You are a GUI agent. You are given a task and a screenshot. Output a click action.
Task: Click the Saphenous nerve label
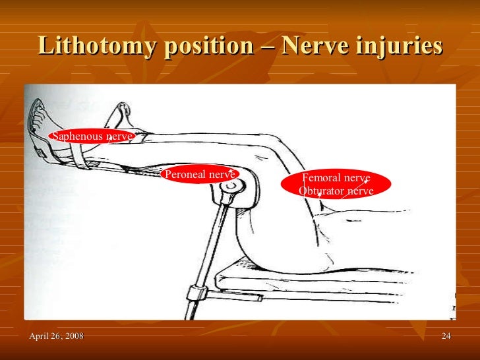click(92, 136)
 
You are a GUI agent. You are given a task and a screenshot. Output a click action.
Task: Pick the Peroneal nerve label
click(200, 175)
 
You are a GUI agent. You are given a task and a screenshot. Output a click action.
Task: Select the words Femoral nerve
click(336, 178)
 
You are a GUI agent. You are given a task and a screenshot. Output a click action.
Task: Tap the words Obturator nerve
click(336, 191)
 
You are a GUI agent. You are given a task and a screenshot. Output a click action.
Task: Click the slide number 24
click(446, 338)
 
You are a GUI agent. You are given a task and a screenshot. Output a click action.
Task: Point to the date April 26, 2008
click(56, 338)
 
